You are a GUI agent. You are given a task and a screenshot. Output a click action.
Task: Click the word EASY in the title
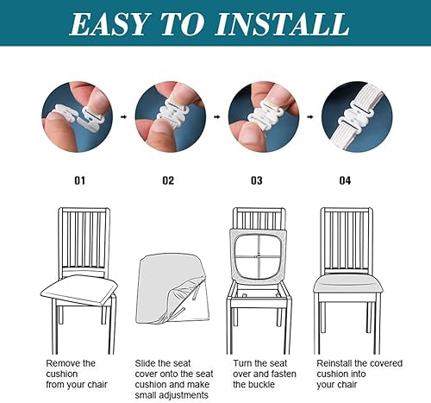[x=113, y=24]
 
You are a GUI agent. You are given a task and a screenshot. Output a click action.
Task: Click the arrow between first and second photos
[x=122, y=116]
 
